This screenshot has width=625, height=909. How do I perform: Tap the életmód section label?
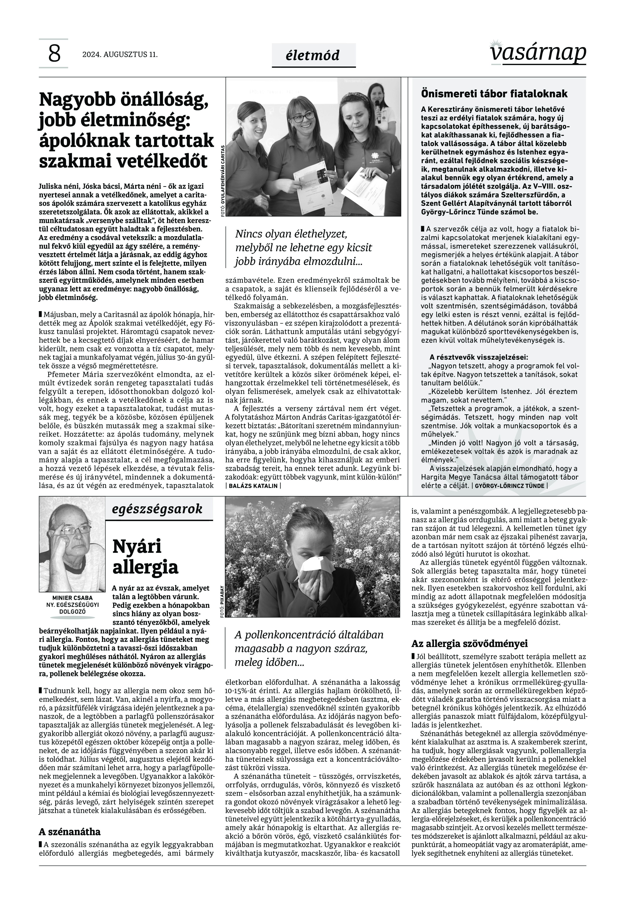(313, 55)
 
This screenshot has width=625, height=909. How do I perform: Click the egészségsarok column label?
(157, 509)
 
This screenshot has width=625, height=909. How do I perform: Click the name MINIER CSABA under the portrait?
(73, 598)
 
